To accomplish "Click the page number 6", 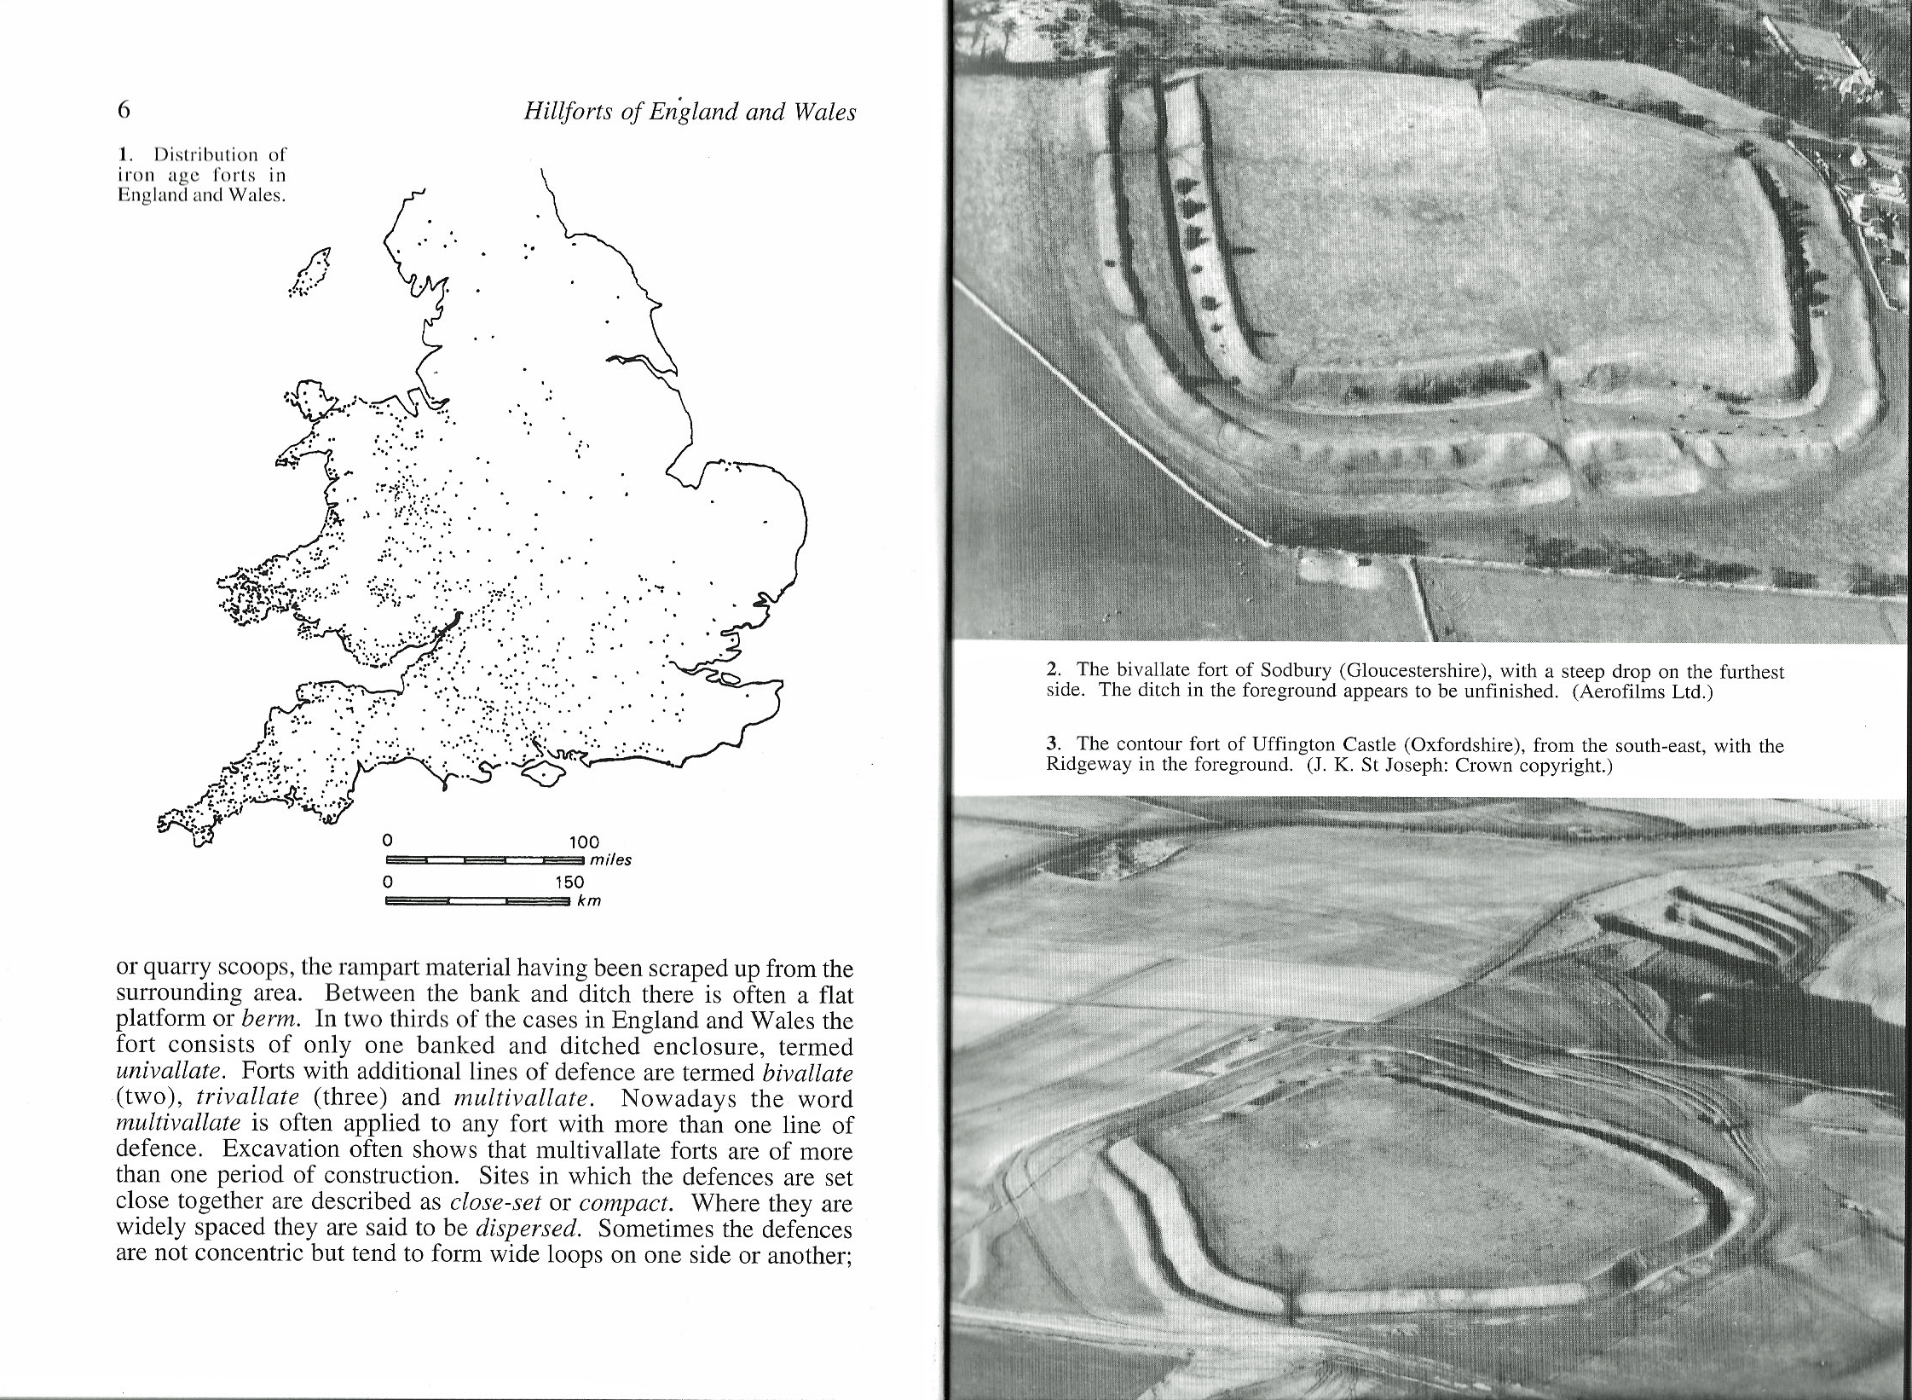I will coord(124,110).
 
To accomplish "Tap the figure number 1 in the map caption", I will coord(124,155).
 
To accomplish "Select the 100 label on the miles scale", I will coord(584,842).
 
